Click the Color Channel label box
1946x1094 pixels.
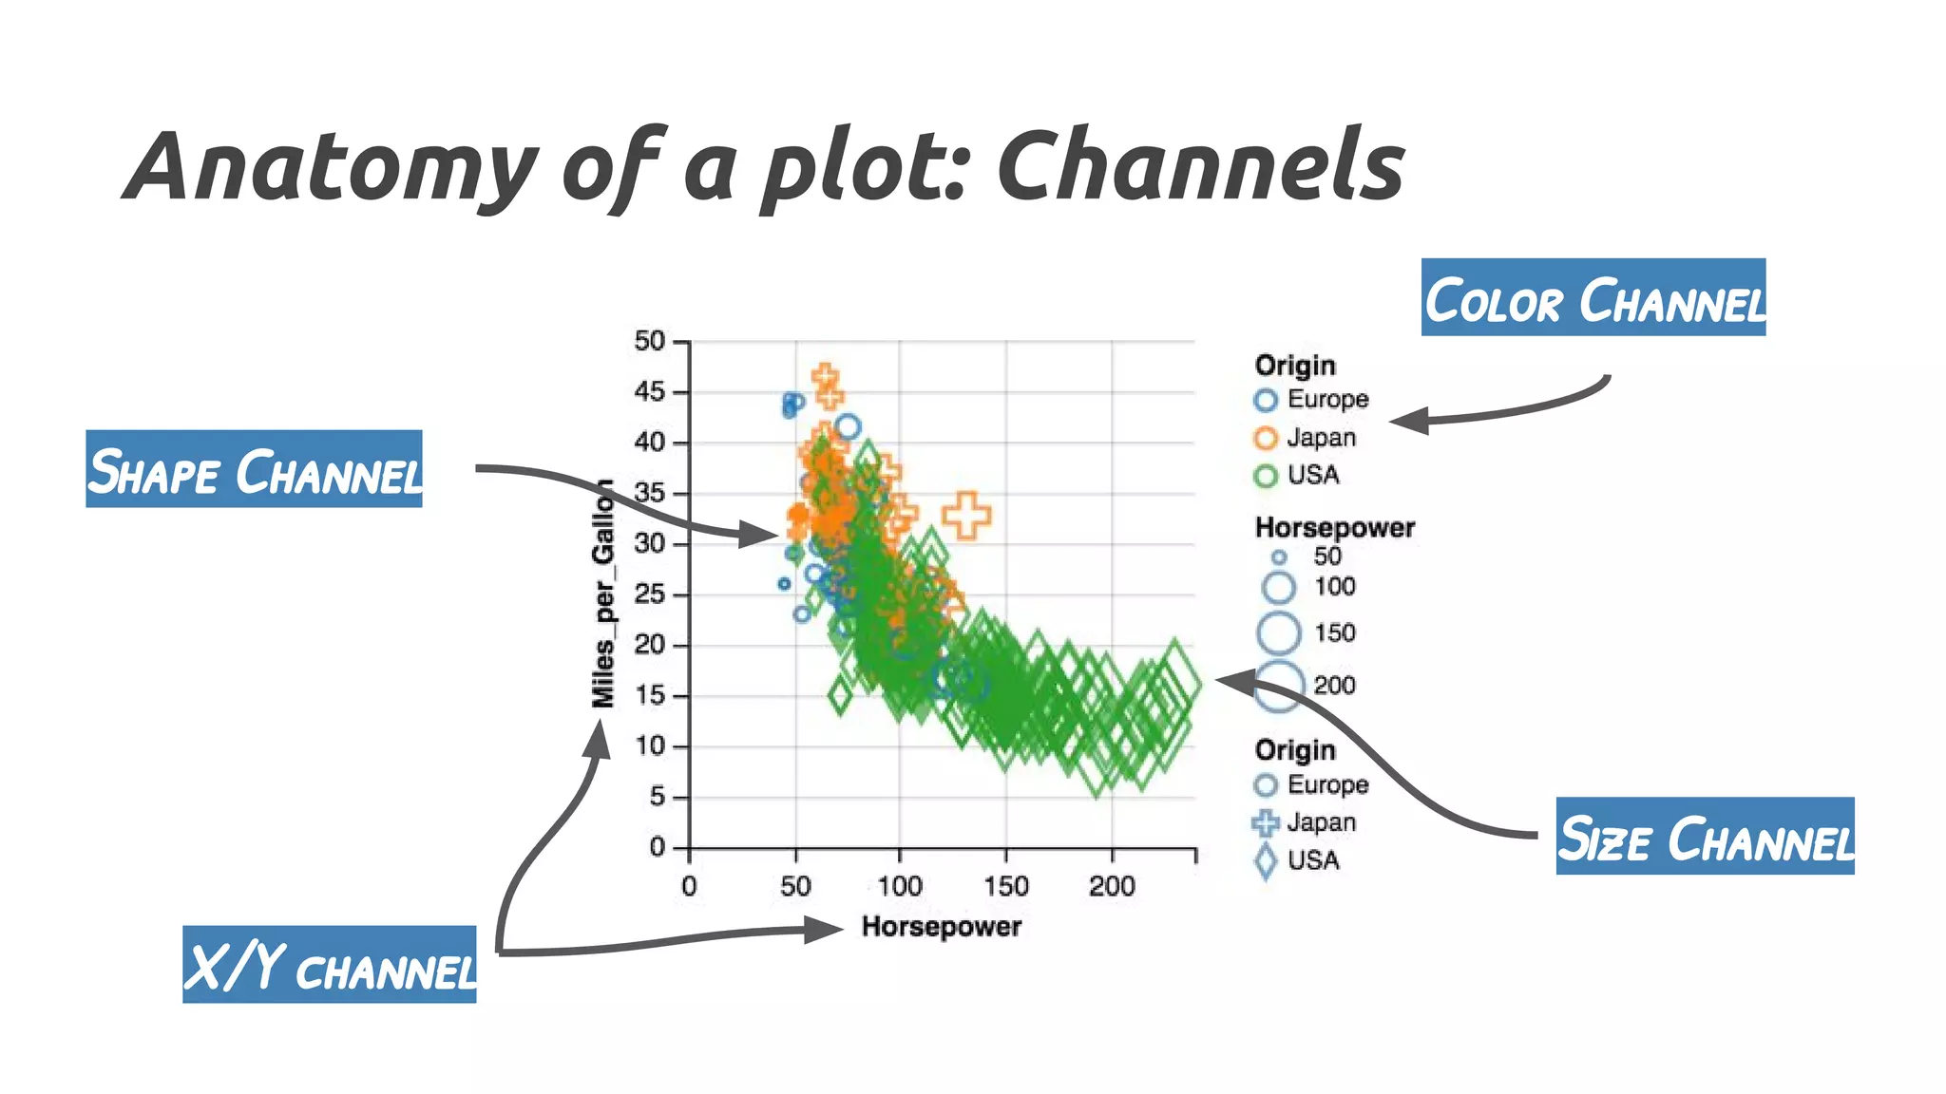(x=1593, y=297)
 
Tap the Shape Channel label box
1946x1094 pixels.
(x=254, y=469)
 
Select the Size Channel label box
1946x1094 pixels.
(x=1705, y=836)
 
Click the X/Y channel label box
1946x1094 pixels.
(x=329, y=965)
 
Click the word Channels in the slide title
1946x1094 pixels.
(x=1199, y=167)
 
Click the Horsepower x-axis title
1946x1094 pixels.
(x=941, y=927)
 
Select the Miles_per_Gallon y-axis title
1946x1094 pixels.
(x=603, y=594)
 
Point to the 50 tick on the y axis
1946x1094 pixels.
(x=650, y=341)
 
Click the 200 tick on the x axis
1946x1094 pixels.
(x=1112, y=887)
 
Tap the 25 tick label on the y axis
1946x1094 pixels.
(x=650, y=594)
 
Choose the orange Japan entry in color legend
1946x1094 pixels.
(x=1306, y=438)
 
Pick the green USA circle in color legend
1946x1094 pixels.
(x=1266, y=476)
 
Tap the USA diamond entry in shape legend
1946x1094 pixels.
(x=1298, y=860)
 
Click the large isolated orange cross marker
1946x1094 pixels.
(x=966, y=516)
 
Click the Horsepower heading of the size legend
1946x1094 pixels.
(x=1334, y=528)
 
